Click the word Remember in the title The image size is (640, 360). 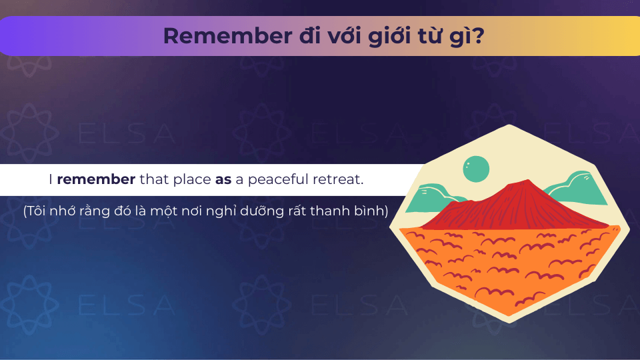click(228, 36)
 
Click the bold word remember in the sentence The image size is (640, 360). click(96, 179)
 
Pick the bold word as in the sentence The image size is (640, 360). click(223, 180)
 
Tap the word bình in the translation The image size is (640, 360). click(371, 211)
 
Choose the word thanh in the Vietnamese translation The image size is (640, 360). click(332, 211)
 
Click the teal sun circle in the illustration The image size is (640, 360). click(476, 169)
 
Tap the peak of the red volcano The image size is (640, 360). click(527, 181)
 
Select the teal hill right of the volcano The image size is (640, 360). click(576, 189)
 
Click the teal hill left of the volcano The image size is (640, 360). click(433, 197)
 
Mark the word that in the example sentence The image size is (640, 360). click(154, 179)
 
